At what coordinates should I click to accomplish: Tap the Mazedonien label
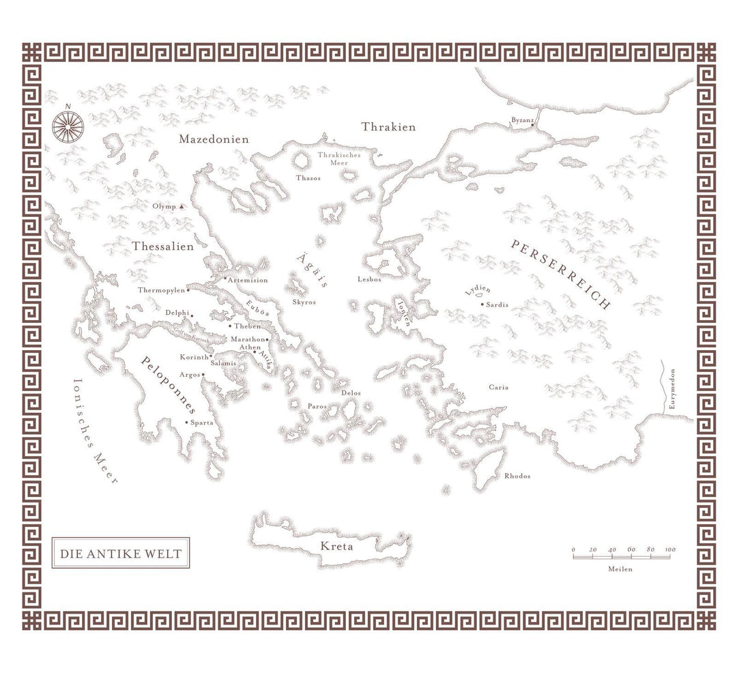[x=214, y=139]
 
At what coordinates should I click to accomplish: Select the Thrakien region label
[x=388, y=127]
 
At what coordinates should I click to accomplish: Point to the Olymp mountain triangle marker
[x=182, y=206]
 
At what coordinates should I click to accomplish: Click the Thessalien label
[x=162, y=246]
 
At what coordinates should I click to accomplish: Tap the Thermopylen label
[x=162, y=290]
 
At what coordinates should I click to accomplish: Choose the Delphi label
[x=177, y=313]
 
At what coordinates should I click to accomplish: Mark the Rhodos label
[x=517, y=476]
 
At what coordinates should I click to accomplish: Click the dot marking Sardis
[x=482, y=304]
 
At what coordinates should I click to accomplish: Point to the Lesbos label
[x=369, y=279]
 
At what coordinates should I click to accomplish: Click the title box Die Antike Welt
[x=121, y=554]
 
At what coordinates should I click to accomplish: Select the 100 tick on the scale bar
[x=670, y=549]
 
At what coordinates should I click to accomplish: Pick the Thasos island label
[x=308, y=178]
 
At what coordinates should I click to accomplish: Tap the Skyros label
[x=304, y=302]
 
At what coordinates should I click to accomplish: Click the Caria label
[x=498, y=388]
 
